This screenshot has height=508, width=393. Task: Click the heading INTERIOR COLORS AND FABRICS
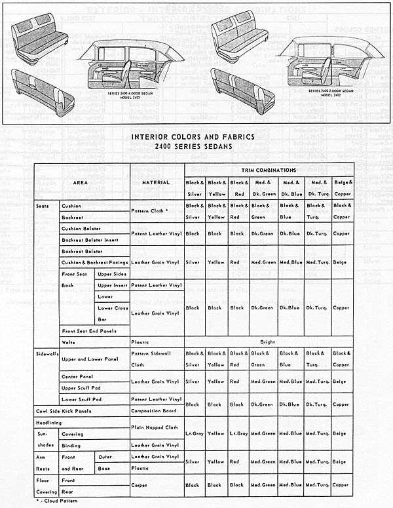click(195, 137)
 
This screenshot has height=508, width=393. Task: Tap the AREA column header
click(82, 182)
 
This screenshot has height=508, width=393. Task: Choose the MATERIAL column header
click(157, 182)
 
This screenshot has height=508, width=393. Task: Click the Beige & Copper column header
click(341, 187)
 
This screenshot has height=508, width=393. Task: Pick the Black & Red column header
click(239, 187)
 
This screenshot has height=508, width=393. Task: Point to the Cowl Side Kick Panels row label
click(64, 411)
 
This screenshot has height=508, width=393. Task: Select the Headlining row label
click(50, 423)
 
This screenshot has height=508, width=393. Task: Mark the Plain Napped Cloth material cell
click(155, 427)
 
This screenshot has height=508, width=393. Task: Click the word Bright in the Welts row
click(267, 342)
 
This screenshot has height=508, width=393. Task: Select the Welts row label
click(69, 342)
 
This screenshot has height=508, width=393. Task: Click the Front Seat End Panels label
click(90, 330)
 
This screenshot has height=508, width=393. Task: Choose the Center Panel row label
click(77, 376)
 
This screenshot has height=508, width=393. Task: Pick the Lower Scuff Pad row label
click(82, 399)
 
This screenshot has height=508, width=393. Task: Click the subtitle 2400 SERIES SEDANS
click(195, 147)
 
